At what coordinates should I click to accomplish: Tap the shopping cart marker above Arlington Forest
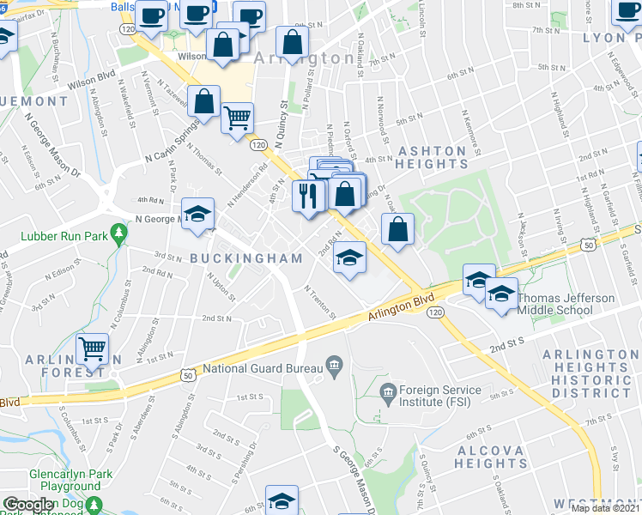[x=92, y=349]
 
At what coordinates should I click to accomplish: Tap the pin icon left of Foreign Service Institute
[x=388, y=391]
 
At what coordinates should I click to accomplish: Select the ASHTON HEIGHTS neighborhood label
[x=433, y=157]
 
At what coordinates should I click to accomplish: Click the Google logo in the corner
[x=28, y=506]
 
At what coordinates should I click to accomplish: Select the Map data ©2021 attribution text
[x=605, y=508]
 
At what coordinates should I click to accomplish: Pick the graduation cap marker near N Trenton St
[x=349, y=257]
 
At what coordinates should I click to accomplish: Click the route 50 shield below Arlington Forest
[x=187, y=374]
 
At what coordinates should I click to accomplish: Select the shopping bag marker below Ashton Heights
[x=397, y=229]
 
